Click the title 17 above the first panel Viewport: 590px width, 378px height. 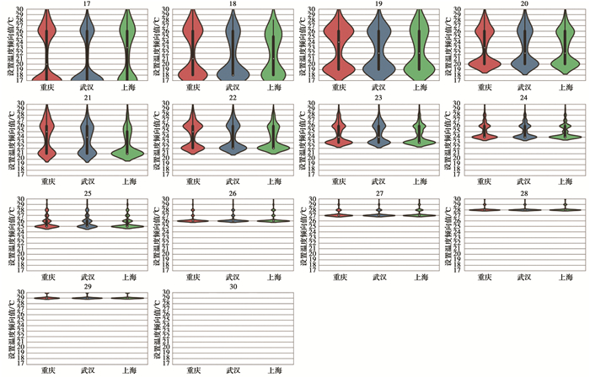pyautogui.click(x=88, y=4)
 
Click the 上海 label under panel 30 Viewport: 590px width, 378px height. pyautogui.click(x=273, y=370)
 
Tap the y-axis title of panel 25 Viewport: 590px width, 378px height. pyautogui.click(x=10, y=233)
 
